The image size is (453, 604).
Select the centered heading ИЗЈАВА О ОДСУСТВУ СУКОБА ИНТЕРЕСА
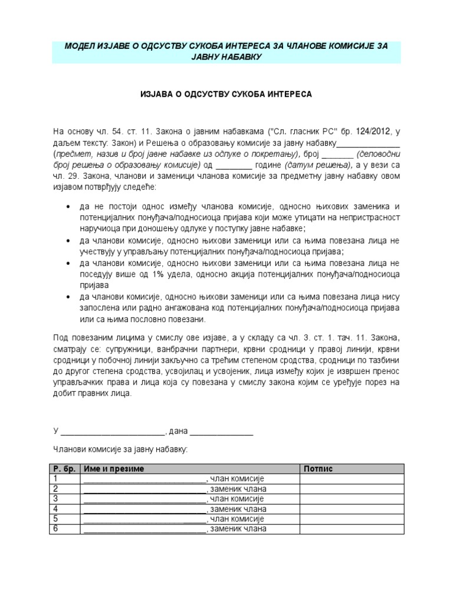click(x=226, y=94)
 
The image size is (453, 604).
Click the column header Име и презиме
click(x=114, y=468)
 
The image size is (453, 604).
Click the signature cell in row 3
click(x=352, y=498)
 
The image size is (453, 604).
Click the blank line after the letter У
click(x=113, y=432)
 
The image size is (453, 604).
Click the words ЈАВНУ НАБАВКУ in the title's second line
click(x=226, y=57)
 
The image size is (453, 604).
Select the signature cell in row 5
click(x=352, y=518)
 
